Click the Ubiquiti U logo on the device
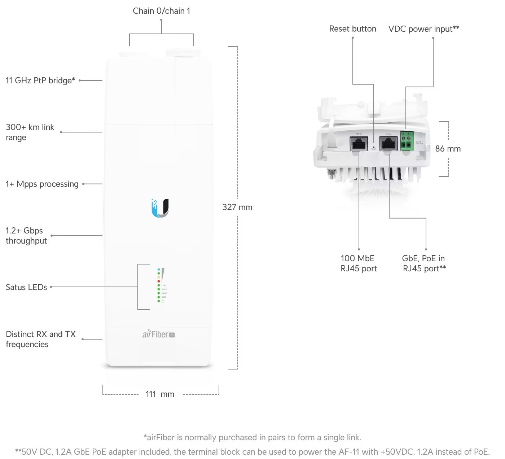[x=160, y=208]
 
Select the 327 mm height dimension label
[x=237, y=207]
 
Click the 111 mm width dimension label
[x=160, y=394]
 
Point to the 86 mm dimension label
[x=448, y=149]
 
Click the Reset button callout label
[x=352, y=29]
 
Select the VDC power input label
[x=423, y=29]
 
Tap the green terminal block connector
[x=407, y=141]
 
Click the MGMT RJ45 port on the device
[x=359, y=144]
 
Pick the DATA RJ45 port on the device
[x=388, y=144]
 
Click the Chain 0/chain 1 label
[x=161, y=11]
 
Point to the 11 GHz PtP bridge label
[x=40, y=80]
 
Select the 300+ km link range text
[x=30, y=132]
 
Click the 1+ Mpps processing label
[x=42, y=184]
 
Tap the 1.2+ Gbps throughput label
[x=26, y=236]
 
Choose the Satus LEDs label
[x=26, y=287]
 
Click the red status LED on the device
[x=159, y=281]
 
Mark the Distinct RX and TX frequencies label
[x=40, y=339]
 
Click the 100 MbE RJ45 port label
[x=358, y=263]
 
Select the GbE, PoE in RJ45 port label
[x=424, y=263]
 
